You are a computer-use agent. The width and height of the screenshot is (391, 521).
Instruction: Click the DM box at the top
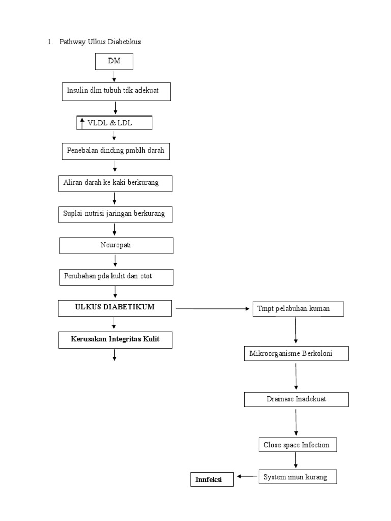tap(114, 62)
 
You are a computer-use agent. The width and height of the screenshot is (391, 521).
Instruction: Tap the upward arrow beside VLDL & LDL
tap(82, 123)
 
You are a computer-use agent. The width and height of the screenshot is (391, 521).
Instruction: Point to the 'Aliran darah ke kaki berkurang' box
tap(115, 183)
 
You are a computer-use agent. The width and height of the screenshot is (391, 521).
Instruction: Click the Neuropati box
tap(116, 246)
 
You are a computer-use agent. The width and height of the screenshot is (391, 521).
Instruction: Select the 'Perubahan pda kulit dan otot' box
tap(116, 277)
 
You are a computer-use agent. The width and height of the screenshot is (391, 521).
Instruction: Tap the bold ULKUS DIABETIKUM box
tap(115, 308)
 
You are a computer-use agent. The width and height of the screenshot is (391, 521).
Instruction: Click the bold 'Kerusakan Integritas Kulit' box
tap(115, 339)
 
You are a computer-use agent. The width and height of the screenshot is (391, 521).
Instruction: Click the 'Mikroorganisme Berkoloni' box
tap(296, 354)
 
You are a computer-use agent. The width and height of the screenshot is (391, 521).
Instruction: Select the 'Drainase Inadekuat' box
tap(296, 399)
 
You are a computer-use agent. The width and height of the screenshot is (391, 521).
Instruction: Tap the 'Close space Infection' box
tap(296, 445)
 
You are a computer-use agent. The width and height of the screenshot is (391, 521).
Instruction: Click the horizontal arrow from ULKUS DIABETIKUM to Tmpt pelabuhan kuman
tap(214, 308)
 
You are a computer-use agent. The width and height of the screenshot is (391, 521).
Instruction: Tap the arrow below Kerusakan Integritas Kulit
tap(115, 354)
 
